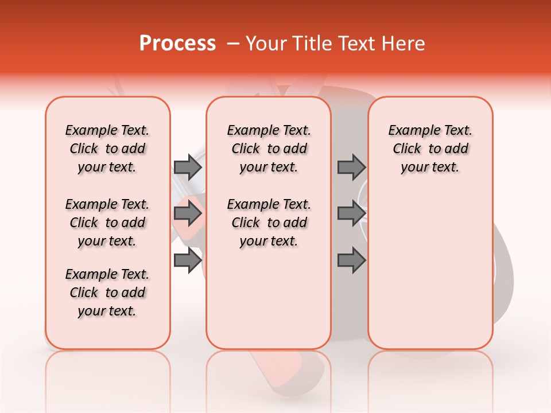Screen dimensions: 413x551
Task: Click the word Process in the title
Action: coord(177,44)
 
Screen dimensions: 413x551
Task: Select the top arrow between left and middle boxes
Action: coord(188,167)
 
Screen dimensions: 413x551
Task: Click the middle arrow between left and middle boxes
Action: coord(188,214)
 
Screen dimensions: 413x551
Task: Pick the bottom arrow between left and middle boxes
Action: coord(188,260)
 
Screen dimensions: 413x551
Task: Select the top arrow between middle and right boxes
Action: coord(351,167)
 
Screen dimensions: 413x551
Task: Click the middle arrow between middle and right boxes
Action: coord(351,214)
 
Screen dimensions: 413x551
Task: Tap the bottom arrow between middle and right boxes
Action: coord(351,260)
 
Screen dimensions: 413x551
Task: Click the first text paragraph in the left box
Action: coord(107,149)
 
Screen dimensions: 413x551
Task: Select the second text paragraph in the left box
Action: coord(107,223)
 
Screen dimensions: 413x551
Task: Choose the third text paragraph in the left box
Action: coord(107,293)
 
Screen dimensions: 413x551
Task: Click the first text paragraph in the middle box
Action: coord(269,149)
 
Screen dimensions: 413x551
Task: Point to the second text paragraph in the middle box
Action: coord(269,223)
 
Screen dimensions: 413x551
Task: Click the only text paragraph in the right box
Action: coord(430,149)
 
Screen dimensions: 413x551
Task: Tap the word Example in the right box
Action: coord(411,131)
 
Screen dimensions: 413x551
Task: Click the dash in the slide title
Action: coord(232,44)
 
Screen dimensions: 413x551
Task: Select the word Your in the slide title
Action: coord(264,44)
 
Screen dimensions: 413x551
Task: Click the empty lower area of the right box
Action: coord(430,270)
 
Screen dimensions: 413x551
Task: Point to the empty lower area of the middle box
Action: coord(269,298)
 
